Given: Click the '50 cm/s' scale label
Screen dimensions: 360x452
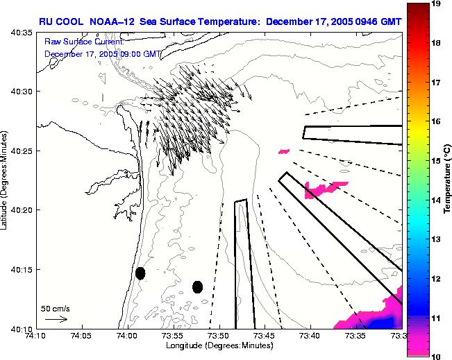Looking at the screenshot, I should pos(55,309).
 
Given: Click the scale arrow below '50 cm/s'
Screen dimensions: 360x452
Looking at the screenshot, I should pos(56,319).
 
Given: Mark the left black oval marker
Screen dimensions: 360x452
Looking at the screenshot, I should pos(140,273).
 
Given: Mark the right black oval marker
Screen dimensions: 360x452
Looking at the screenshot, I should pos(198,286).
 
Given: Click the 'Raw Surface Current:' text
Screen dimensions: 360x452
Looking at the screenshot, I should pos(83,42).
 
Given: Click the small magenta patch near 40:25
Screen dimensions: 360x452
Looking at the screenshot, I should pos(283,151).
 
